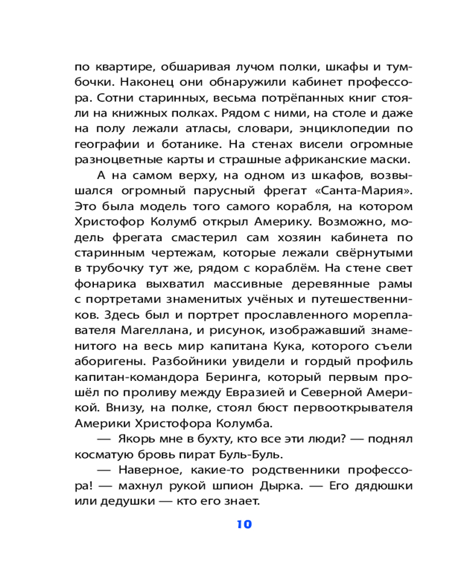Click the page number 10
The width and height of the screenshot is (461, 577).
pos(244,524)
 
